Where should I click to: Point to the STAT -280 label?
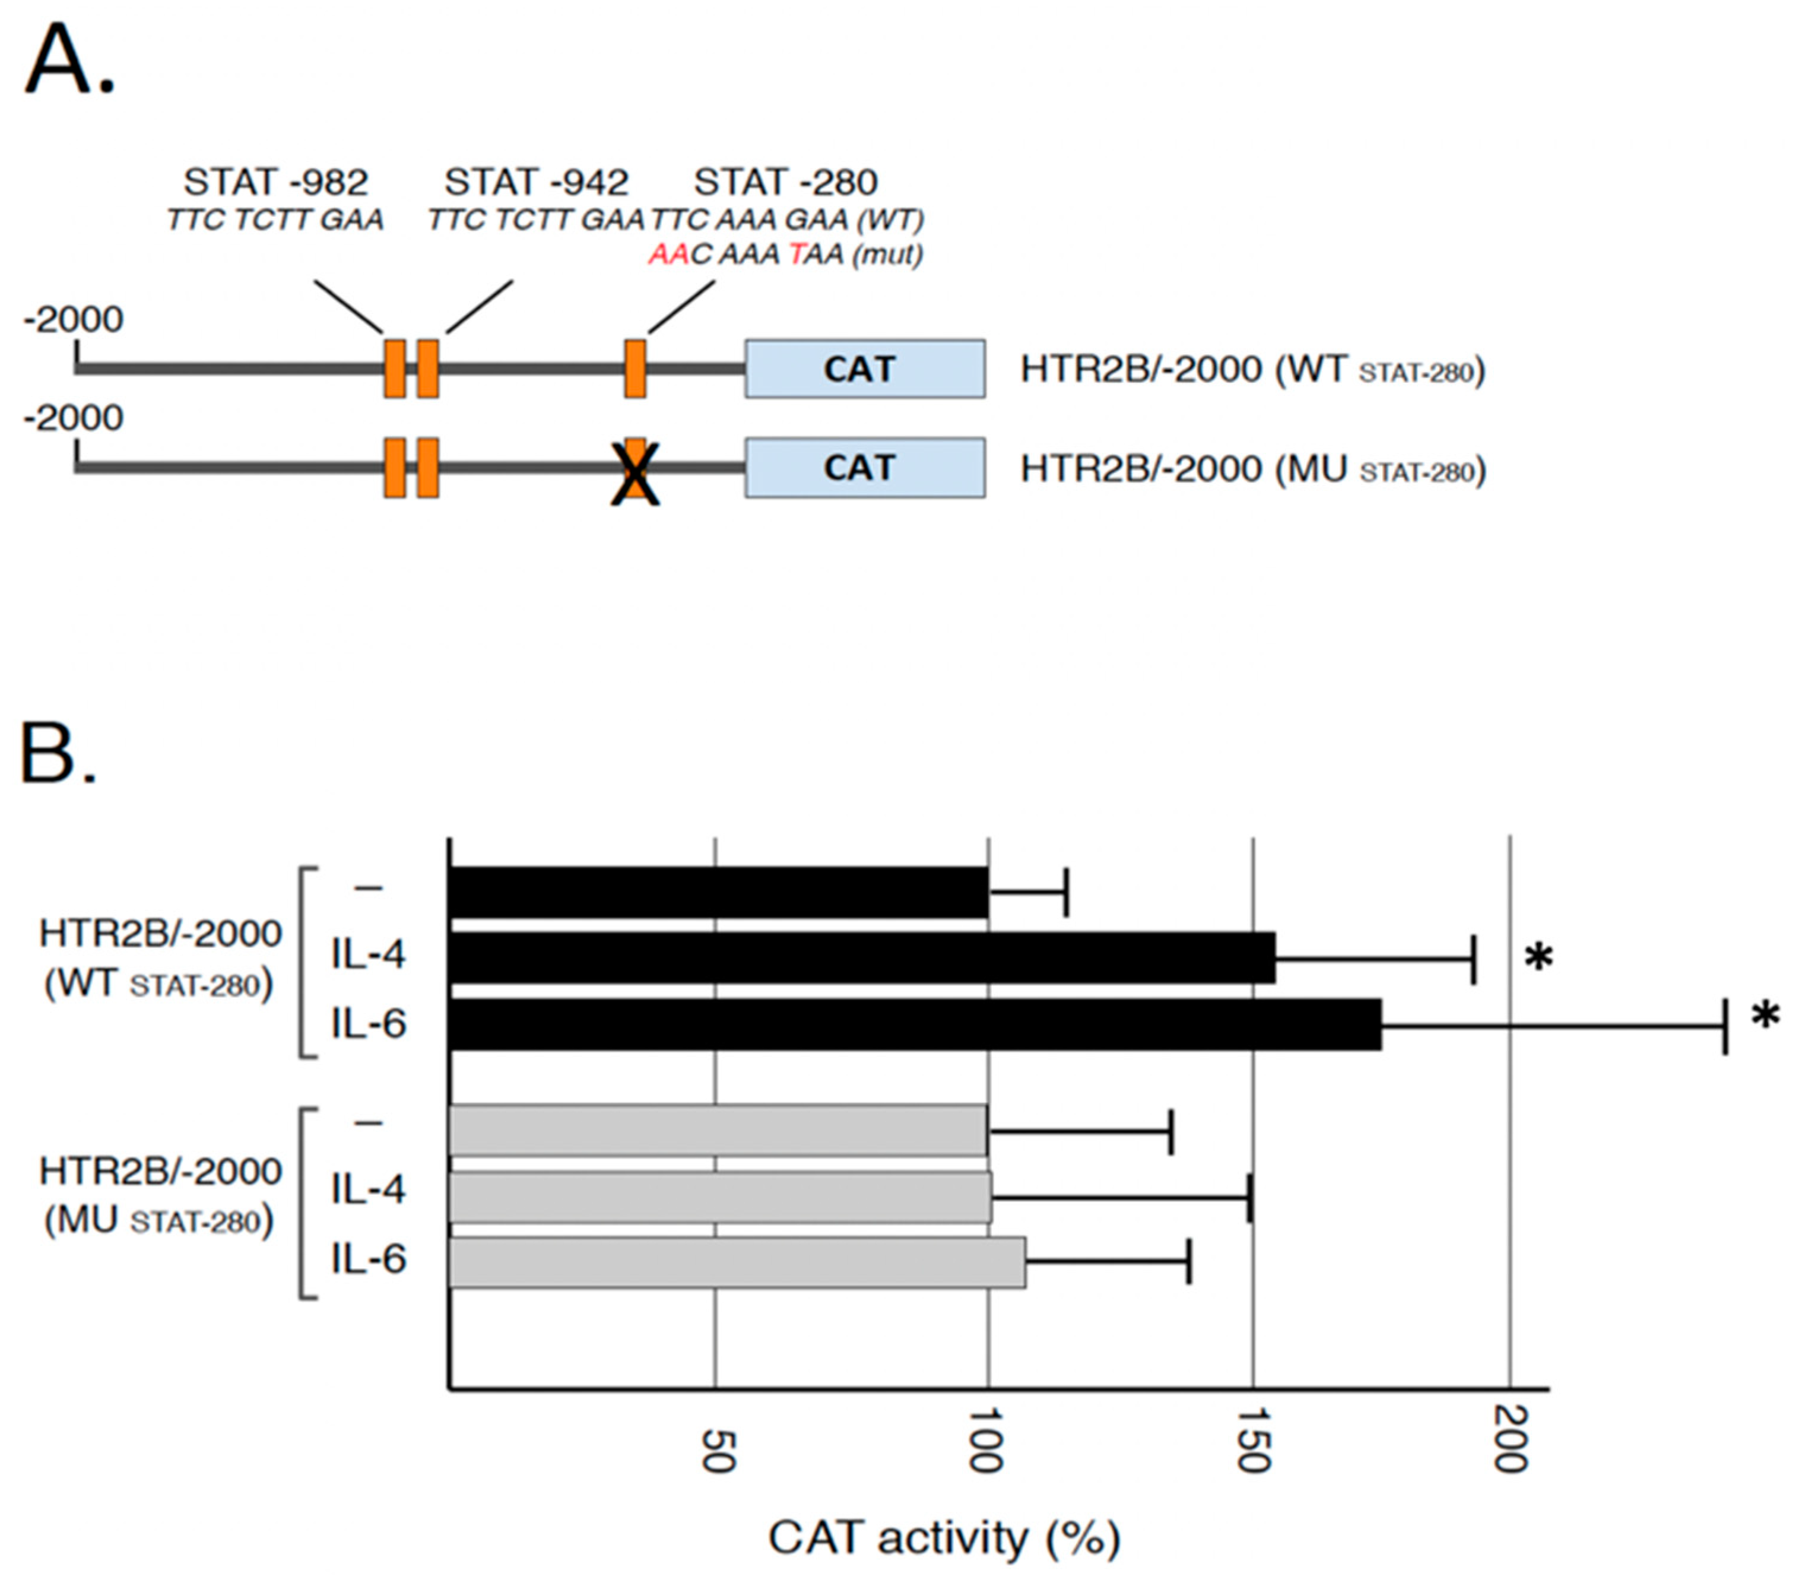pyautogui.click(x=785, y=182)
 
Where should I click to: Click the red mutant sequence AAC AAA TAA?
pyautogui.click(x=785, y=255)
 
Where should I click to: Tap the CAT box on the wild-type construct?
pyautogui.click(x=865, y=369)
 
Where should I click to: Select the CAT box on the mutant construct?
pyautogui.click(x=865, y=467)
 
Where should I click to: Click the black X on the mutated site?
pyautogui.click(x=634, y=474)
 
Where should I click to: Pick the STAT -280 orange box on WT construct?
pyautogui.click(x=634, y=369)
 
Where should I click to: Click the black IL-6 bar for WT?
pyautogui.click(x=914, y=1024)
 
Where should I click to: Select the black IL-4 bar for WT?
pyautogui.click(x=861, y=957)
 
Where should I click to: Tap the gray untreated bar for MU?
pyautogui.click(x=718, y=1130)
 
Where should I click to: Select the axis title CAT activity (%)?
pyautogui.click(x=944, y=1537)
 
